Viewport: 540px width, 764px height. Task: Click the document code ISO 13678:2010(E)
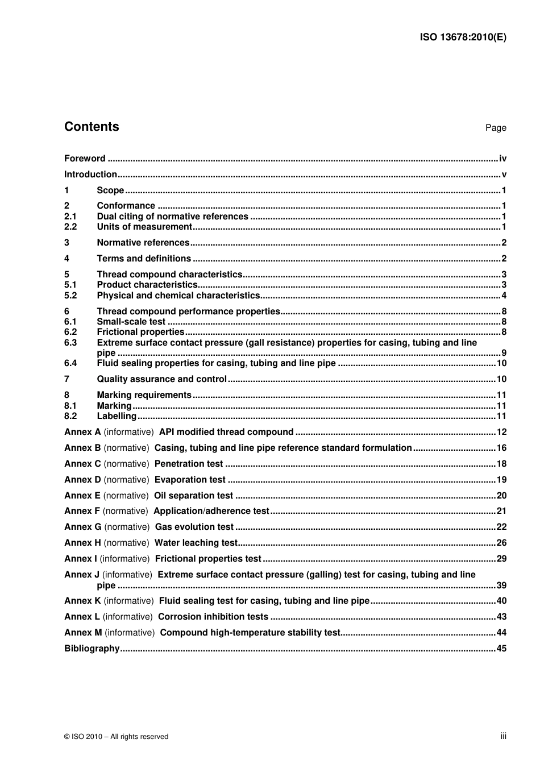click(x=463, y=38)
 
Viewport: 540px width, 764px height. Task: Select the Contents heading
click(x=92, y=127)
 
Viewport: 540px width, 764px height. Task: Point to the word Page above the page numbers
click(x=495, y=128)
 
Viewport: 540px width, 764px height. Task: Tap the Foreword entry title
click(x=85, y=159)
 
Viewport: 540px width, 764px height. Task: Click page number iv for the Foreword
click(x=502, y=159)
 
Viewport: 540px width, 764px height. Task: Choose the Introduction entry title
click(x=90, y=175)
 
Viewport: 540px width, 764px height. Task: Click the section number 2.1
click(x=70, y=217)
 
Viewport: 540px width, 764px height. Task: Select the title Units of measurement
click(x=144, y=227)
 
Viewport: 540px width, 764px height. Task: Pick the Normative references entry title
click(x=143, y=243)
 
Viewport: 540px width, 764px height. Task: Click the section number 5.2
click(x=70, y=296)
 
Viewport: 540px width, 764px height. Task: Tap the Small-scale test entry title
click(x=131, y=322)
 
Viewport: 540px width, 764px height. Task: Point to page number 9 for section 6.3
click(x=504, y=353)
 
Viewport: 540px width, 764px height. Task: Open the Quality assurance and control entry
click(x=161, y=379)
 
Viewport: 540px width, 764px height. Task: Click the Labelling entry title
click(x=117, y=416)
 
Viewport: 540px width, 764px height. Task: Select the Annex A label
click(x=82, y=432)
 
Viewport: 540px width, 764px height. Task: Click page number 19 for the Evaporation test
click(x=501, y=480)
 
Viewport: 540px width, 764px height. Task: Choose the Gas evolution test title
click(x=194, y=527)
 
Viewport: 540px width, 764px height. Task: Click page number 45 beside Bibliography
click(x=501, y=649)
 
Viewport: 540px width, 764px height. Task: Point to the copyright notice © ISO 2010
click(x=117, y=737)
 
